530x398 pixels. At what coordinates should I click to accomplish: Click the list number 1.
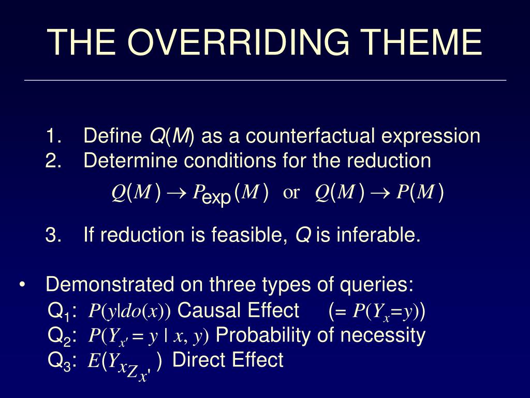pos(53,135)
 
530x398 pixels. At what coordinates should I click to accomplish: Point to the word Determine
pos(130,160)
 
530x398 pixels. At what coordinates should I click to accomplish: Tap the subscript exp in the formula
pos(217,197)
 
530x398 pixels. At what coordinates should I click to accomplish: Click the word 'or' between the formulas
pos(291,193)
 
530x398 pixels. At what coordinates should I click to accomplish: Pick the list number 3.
pos(53,235)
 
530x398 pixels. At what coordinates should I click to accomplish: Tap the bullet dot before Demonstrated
pos(22,285)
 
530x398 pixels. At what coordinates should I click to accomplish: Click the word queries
pos(377,285)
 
